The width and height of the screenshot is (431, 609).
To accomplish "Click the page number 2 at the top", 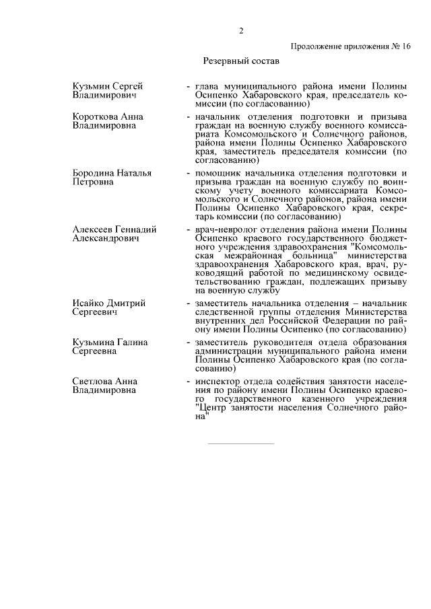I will [x=240, y=31].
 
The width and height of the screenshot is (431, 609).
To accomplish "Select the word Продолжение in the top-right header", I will [x=317, y=46].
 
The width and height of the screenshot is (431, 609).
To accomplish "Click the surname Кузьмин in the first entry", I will [x=91, y=87].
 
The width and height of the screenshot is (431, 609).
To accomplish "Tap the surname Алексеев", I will [x=94, y=229].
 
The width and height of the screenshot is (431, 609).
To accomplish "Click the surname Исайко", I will [x=89, y=303].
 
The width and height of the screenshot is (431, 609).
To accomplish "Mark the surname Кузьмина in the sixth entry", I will [x=94, y=343].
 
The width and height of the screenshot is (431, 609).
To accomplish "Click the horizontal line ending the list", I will [x=240, y=443].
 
